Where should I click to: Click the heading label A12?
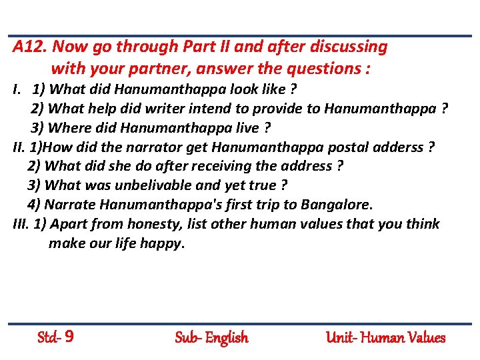(30, 47)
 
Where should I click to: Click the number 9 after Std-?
(69, 337)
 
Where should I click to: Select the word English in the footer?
(227, 337)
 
